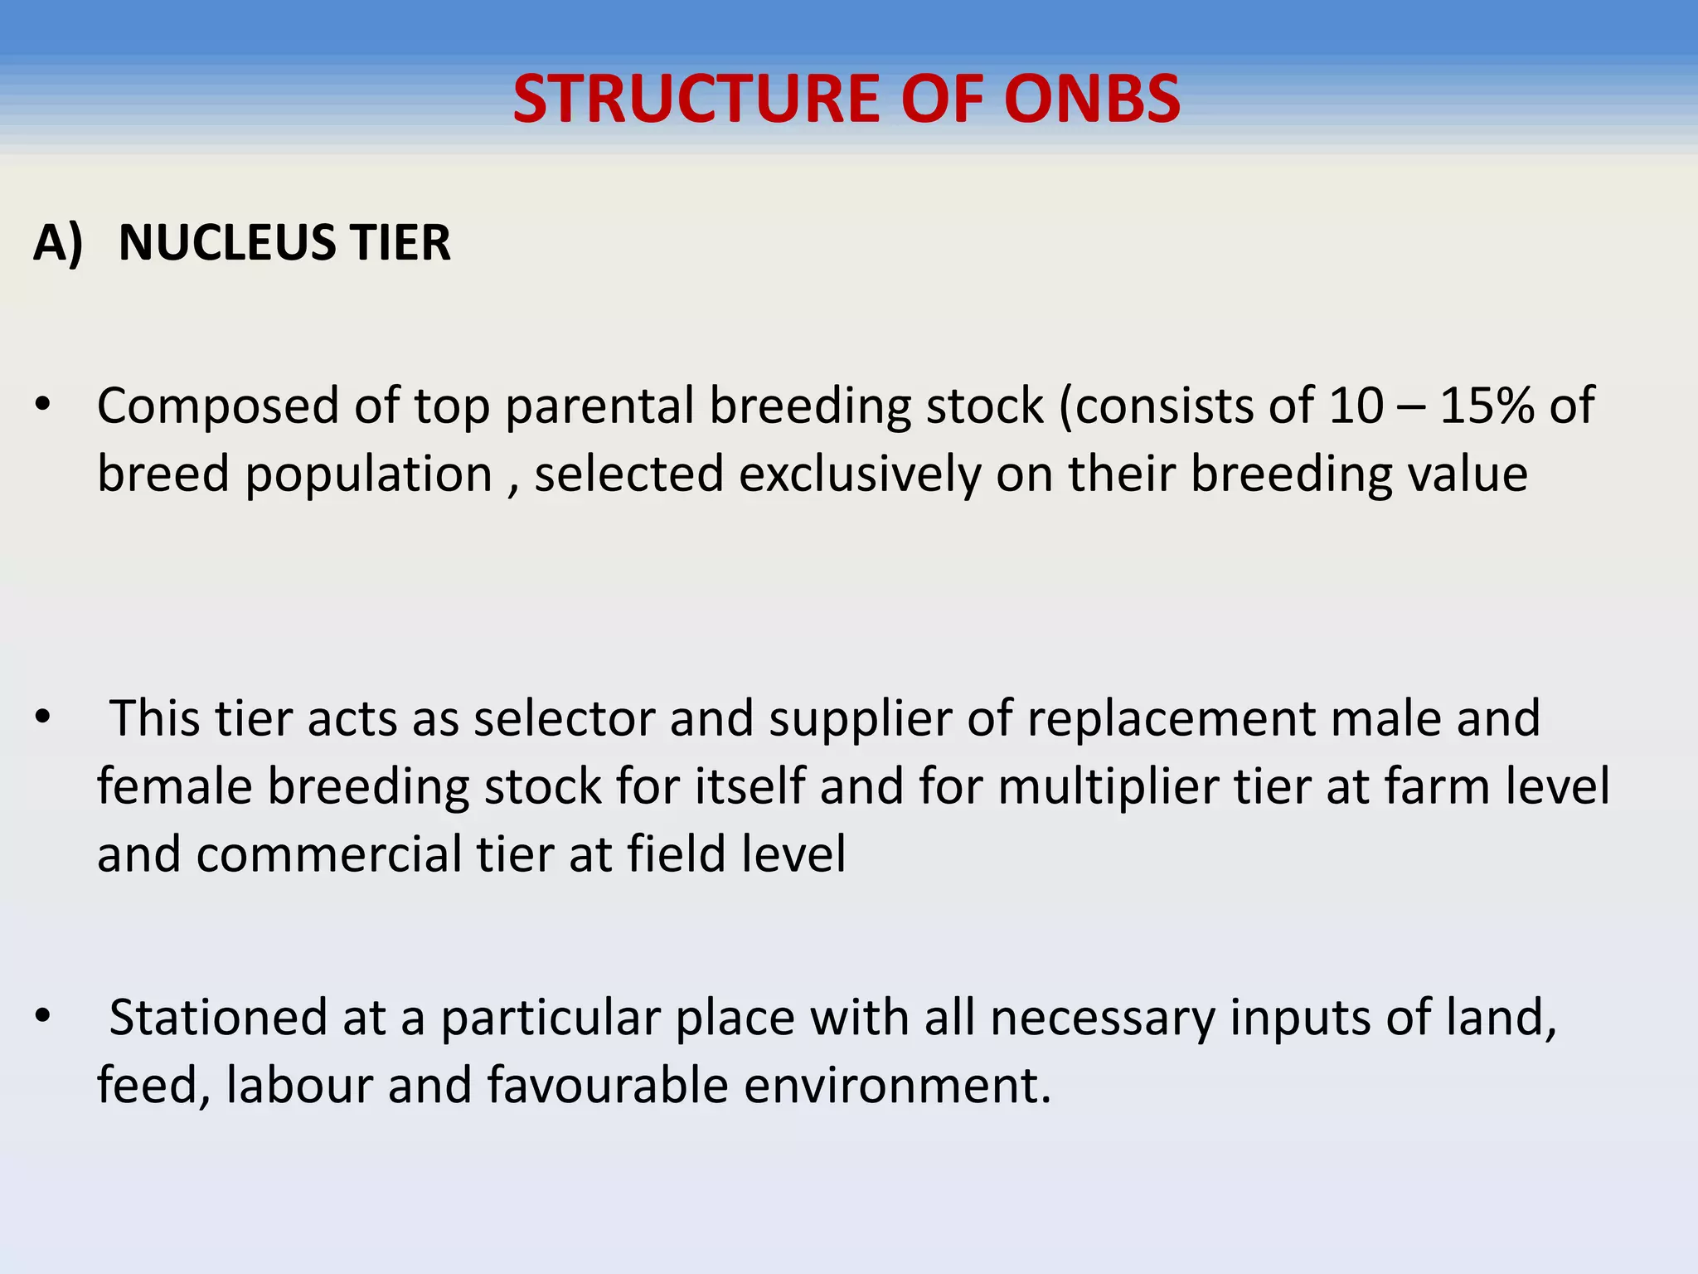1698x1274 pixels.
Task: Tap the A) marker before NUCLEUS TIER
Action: (58, 243)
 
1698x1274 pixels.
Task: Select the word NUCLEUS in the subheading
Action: (226, 243)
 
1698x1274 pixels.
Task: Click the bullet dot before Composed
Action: (43, 406)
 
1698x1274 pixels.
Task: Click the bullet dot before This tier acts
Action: (43, 717)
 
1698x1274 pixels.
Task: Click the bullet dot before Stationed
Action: (43, 1017)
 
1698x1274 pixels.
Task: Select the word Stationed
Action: (218, 1018)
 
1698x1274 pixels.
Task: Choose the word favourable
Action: (607, 1085)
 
